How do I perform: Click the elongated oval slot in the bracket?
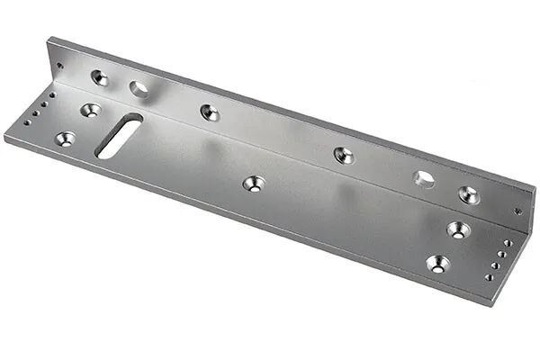point(118,137)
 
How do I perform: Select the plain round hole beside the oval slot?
point(139,88)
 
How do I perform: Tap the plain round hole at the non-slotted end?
point(423,178)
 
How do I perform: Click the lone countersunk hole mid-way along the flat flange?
point(254,184)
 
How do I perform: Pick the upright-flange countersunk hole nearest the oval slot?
point(99,77)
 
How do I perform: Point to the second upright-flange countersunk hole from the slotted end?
point(209,112)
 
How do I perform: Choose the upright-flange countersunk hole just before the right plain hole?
point(344,155)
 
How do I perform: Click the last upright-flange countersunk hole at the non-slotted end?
point(468,193)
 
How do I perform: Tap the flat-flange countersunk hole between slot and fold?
point(90,110)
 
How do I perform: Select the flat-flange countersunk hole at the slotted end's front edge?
point(66,139)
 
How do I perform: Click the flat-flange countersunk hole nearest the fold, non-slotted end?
point(458,229)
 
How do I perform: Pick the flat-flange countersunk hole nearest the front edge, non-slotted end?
point(437,264)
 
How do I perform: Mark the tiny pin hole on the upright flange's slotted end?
point(59,65)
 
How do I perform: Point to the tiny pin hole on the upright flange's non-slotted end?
point(517,212)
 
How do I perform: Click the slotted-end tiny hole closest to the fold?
point(52,94)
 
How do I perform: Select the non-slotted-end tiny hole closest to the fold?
point(508,243)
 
